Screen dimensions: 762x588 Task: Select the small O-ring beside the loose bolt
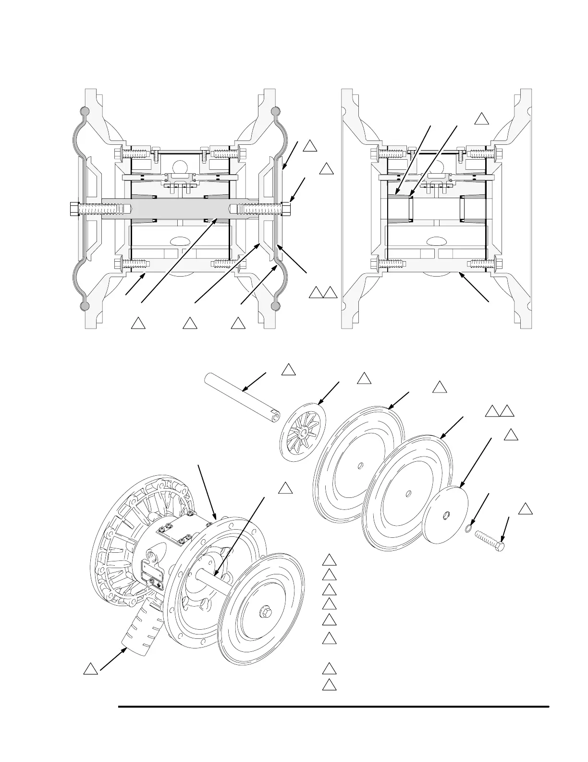click(469, 530)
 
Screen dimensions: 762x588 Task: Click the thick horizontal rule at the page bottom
click(333, 707)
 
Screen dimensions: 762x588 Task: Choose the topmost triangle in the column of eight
click(329, 560)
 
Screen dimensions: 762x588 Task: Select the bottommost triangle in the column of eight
click(329, 686)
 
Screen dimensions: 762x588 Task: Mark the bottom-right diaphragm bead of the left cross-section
click(275, 305)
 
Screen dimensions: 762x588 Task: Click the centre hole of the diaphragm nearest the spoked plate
click(361, 465)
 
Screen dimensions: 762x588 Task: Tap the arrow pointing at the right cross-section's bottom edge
click(474, 287)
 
